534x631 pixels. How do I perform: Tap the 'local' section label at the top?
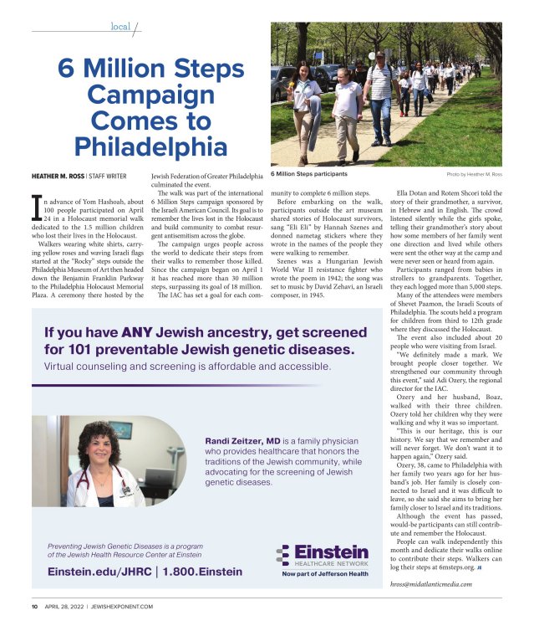point(120,26)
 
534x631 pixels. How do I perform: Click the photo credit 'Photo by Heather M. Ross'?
point(474,174)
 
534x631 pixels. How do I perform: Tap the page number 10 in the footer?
point(35,605)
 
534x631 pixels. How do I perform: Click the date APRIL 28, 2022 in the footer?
point(67,605)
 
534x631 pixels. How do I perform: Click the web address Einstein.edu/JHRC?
point(97,572)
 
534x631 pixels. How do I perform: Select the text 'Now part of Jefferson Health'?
point(324,573)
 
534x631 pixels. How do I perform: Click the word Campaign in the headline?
point(150,95)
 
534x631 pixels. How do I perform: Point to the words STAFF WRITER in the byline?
point(117,176)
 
